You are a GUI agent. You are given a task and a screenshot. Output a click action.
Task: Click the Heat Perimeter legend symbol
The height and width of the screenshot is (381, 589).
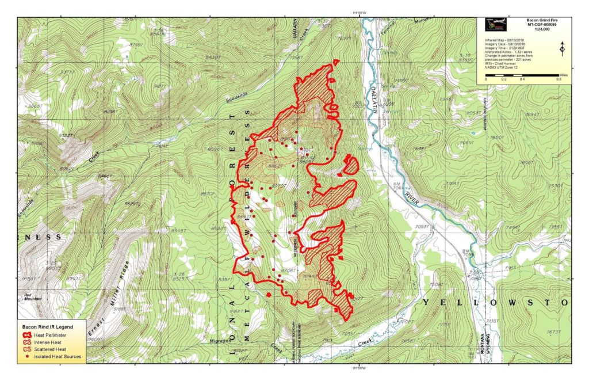click(x=27, y=334)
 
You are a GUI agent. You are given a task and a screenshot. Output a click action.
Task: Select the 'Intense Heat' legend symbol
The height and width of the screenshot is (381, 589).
click(x=27, y=342)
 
